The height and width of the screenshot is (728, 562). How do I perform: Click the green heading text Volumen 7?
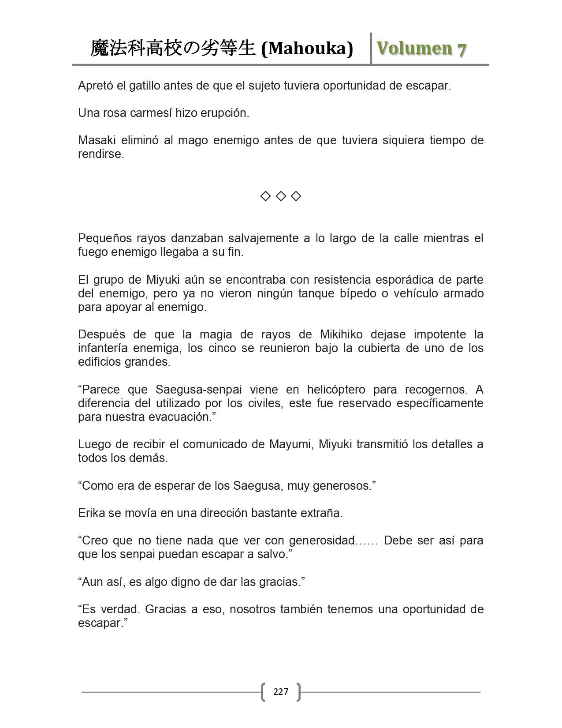(421, 49)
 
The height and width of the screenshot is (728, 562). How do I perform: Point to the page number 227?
(281, 691)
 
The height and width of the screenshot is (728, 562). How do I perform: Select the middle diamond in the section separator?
(281, 196)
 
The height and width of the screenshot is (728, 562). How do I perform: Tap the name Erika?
(90, 513)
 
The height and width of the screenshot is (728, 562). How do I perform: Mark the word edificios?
(99, 362)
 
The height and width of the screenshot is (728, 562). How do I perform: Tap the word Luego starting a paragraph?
(93, 444)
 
